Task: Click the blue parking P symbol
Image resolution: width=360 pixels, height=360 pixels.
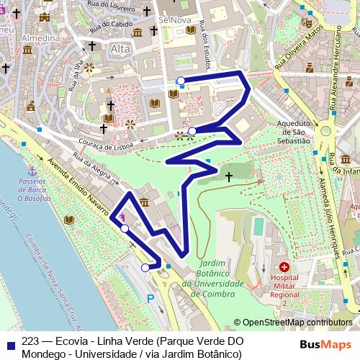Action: click(150, 297)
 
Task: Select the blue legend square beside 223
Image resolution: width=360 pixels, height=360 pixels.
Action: click(10, 341)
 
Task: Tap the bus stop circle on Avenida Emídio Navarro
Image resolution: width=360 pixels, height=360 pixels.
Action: click(125, 228)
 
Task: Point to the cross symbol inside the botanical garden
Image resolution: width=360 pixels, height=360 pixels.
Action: click(229, 176)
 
